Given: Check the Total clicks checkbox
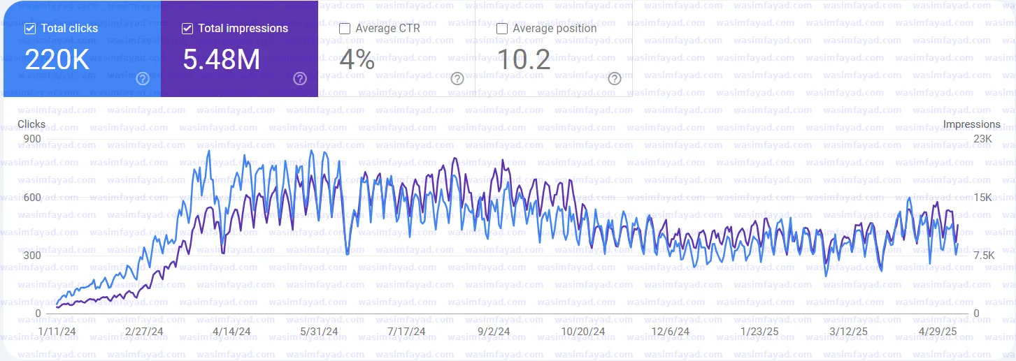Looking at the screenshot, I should tap(30, 29).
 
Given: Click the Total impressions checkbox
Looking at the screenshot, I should tap(187, 29).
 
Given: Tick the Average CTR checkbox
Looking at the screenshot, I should tap(345, 29).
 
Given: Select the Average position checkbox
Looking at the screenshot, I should tap(502, 29).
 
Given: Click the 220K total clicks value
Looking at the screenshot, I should tap(57, 60).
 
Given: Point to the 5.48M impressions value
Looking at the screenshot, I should tap(221, 60).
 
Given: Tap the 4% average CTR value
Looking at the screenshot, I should tap(357, 60).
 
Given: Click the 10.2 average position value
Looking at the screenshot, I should tap(524, 60).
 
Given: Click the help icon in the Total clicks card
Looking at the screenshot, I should tap(143, 78).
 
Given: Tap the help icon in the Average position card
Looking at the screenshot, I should tap(615, 78).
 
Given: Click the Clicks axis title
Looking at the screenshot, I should tap(31, 124).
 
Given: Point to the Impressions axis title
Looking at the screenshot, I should tap(971, 124).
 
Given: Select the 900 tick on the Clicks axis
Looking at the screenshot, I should tap(32, 139).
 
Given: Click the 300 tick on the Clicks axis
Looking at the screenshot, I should tap(32, 256).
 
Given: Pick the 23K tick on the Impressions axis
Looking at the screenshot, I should tap(982, 139).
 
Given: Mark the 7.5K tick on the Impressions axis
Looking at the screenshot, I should tap(982, 256).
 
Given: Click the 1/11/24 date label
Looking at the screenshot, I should tap(57, 331).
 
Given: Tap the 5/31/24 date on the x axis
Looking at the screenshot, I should tap(319, 331).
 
